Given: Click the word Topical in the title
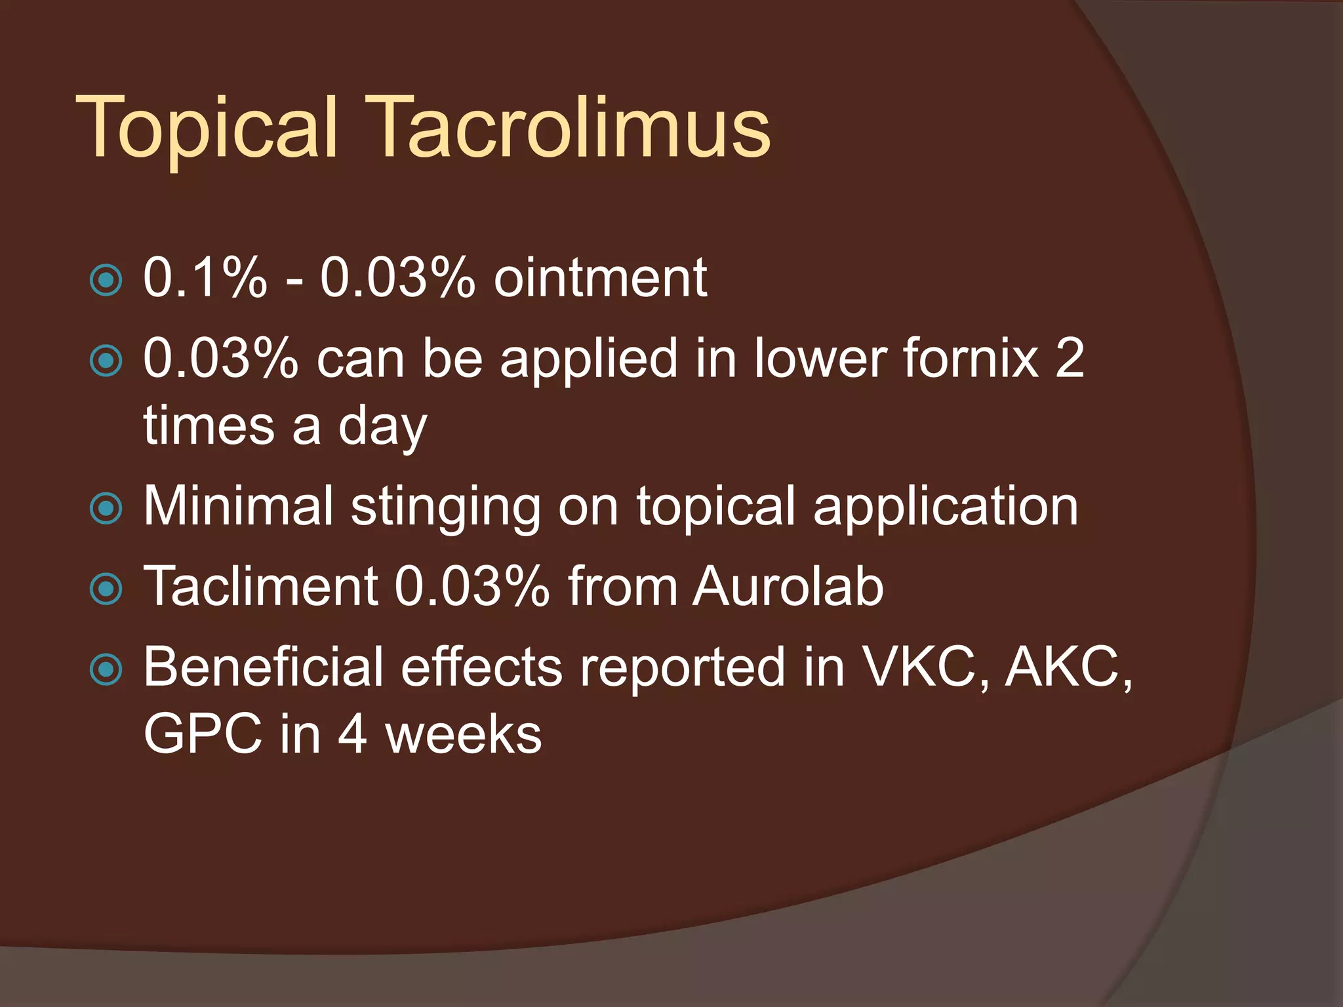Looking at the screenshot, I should coord(207,128).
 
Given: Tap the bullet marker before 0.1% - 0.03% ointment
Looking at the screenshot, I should coord(106,280).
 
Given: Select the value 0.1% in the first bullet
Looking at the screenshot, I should coord(205,278).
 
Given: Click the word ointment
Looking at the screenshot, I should coord(600,278).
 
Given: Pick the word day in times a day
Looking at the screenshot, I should coord(382,427).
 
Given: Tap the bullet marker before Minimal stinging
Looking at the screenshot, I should coord(106,508).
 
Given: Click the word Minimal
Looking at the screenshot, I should coord(238,505).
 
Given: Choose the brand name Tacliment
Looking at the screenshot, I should coord(260,586).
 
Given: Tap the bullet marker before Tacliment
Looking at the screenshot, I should coord(106,589).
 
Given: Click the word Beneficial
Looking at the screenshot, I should coord(263,667).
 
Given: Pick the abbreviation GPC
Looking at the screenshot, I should coord(203,735).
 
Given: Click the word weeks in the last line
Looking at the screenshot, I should coord(463,735).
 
